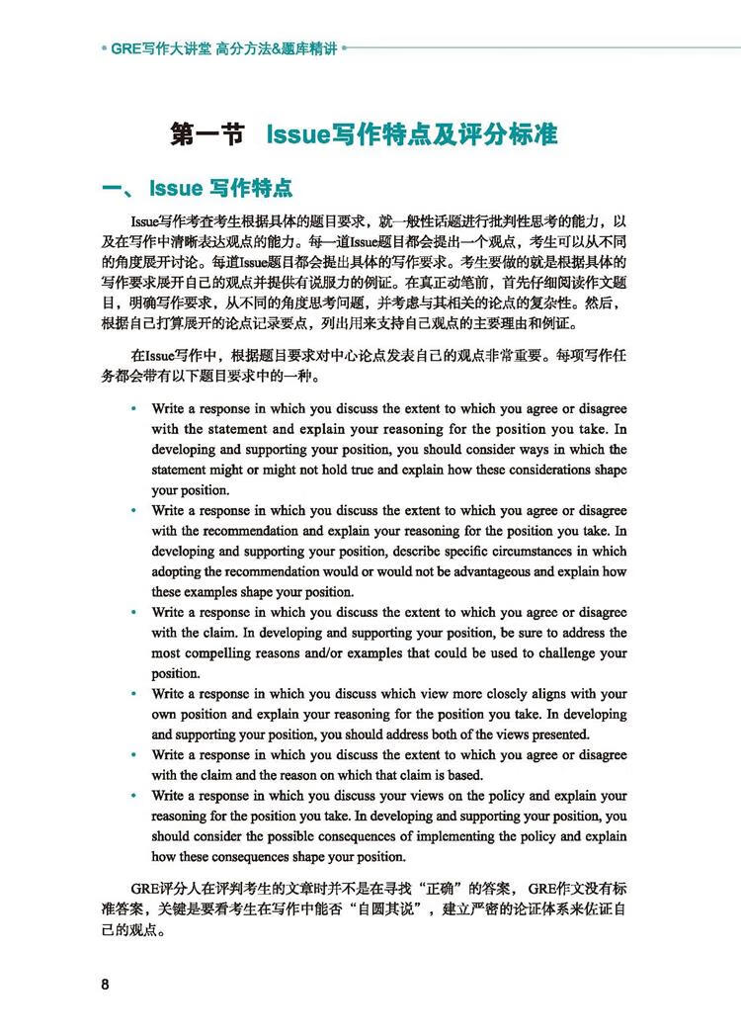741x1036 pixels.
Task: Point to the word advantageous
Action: coord(527,572)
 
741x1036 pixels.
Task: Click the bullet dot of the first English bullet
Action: coord(133,408)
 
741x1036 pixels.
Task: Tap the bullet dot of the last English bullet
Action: coord(133,796)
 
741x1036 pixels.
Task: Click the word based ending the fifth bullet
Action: coord(460,775)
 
